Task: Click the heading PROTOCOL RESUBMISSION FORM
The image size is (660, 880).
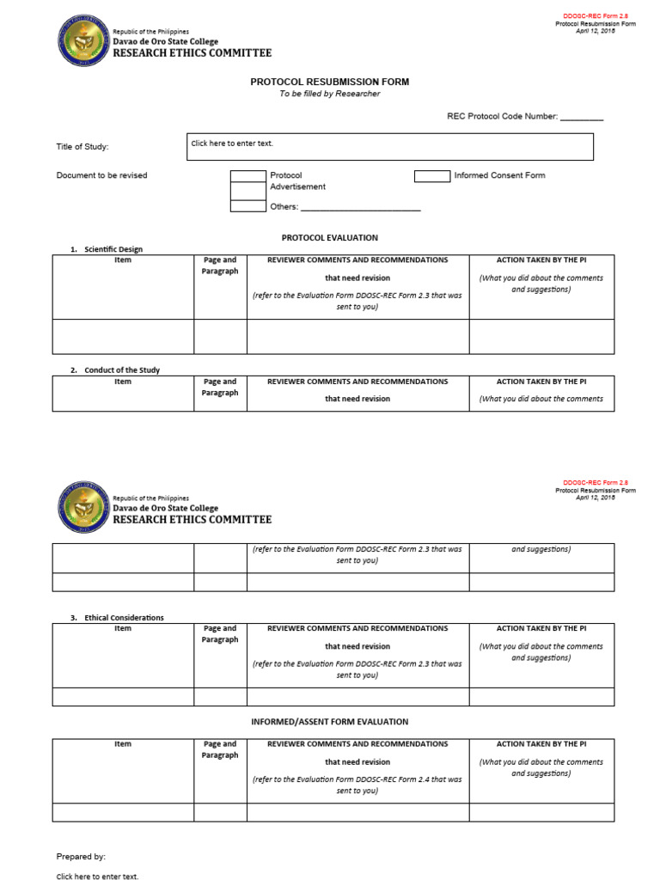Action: point(329,82)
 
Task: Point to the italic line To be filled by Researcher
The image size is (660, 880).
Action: point(329,94)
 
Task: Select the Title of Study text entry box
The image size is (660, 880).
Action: point(389,147)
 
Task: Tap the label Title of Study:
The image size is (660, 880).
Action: point(82,147)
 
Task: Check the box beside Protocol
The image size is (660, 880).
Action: point(248,176)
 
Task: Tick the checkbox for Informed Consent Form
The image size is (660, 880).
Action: point(432,176)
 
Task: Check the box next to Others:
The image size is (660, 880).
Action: point(248,206)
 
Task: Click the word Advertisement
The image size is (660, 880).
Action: point(297,186)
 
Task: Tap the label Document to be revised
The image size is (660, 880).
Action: point(101,175)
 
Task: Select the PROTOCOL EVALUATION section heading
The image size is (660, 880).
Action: point(329,237)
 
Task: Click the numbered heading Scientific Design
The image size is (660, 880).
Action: point(113,249)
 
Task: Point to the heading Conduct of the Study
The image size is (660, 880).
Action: point(121,370)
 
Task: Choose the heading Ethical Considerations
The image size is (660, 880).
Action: point(124,618)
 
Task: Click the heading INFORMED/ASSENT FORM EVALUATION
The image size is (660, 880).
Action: point(329,722)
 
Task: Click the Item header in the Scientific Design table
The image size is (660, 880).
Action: point(123,260)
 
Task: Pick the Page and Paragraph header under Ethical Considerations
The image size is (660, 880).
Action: point(220,634)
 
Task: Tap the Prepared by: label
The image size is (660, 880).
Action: point(81,857)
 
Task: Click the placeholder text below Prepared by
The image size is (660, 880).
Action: point(97,877)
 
